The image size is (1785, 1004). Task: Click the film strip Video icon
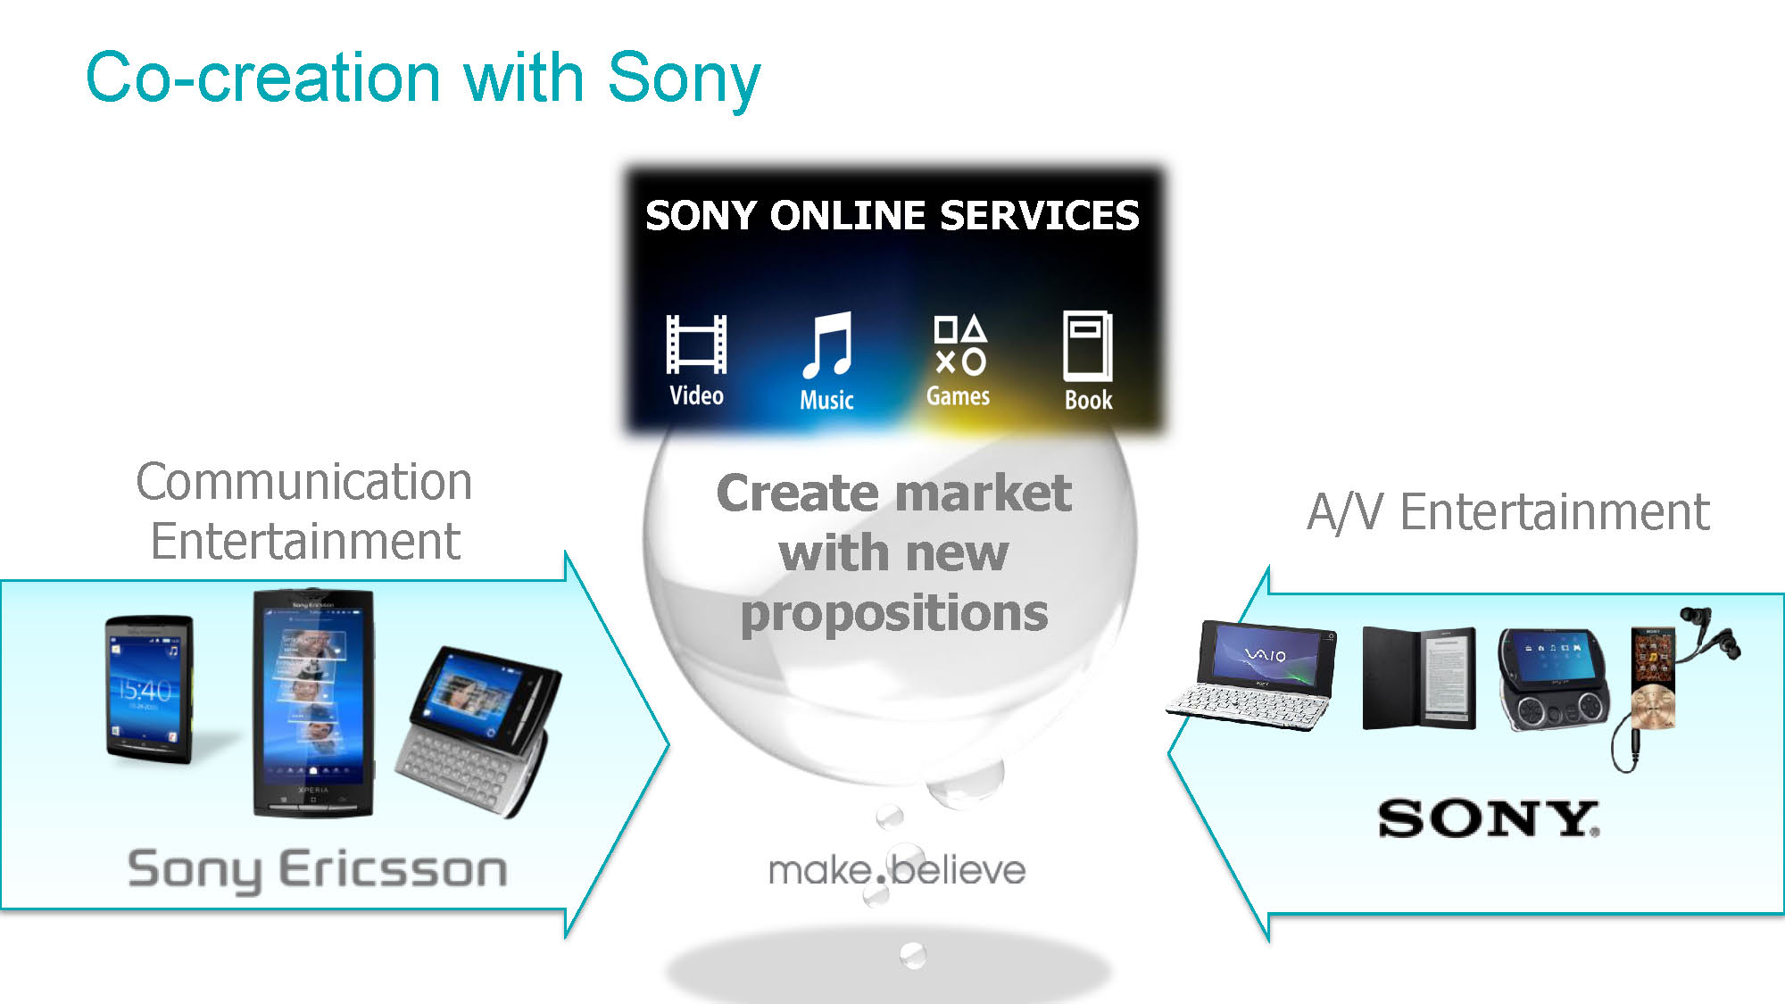(x=696, y=344)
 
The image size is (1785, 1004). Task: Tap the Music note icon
(x=827, y=345)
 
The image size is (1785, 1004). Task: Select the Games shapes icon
(x=959, y=344)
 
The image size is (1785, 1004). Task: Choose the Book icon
(x=1088, y=345)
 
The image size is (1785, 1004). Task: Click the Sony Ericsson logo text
(x=317, y=869)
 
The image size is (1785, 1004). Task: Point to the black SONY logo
(x=1489, y=818)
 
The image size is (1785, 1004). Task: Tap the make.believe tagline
(x=897, y=870)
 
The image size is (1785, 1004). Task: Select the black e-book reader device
(x=1419, y=678)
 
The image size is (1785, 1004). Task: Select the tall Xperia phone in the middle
(x=312, y=702)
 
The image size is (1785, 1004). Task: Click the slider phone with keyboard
(x=477, y=730)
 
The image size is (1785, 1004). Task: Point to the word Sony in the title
(x=685, y=79)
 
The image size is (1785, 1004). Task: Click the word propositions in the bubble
(x=894, y=615)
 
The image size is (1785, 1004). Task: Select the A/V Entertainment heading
(x=1508, y=512)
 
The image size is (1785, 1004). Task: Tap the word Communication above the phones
(x=303, y=482)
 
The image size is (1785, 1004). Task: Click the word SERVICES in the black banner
(x=1040, y=216)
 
